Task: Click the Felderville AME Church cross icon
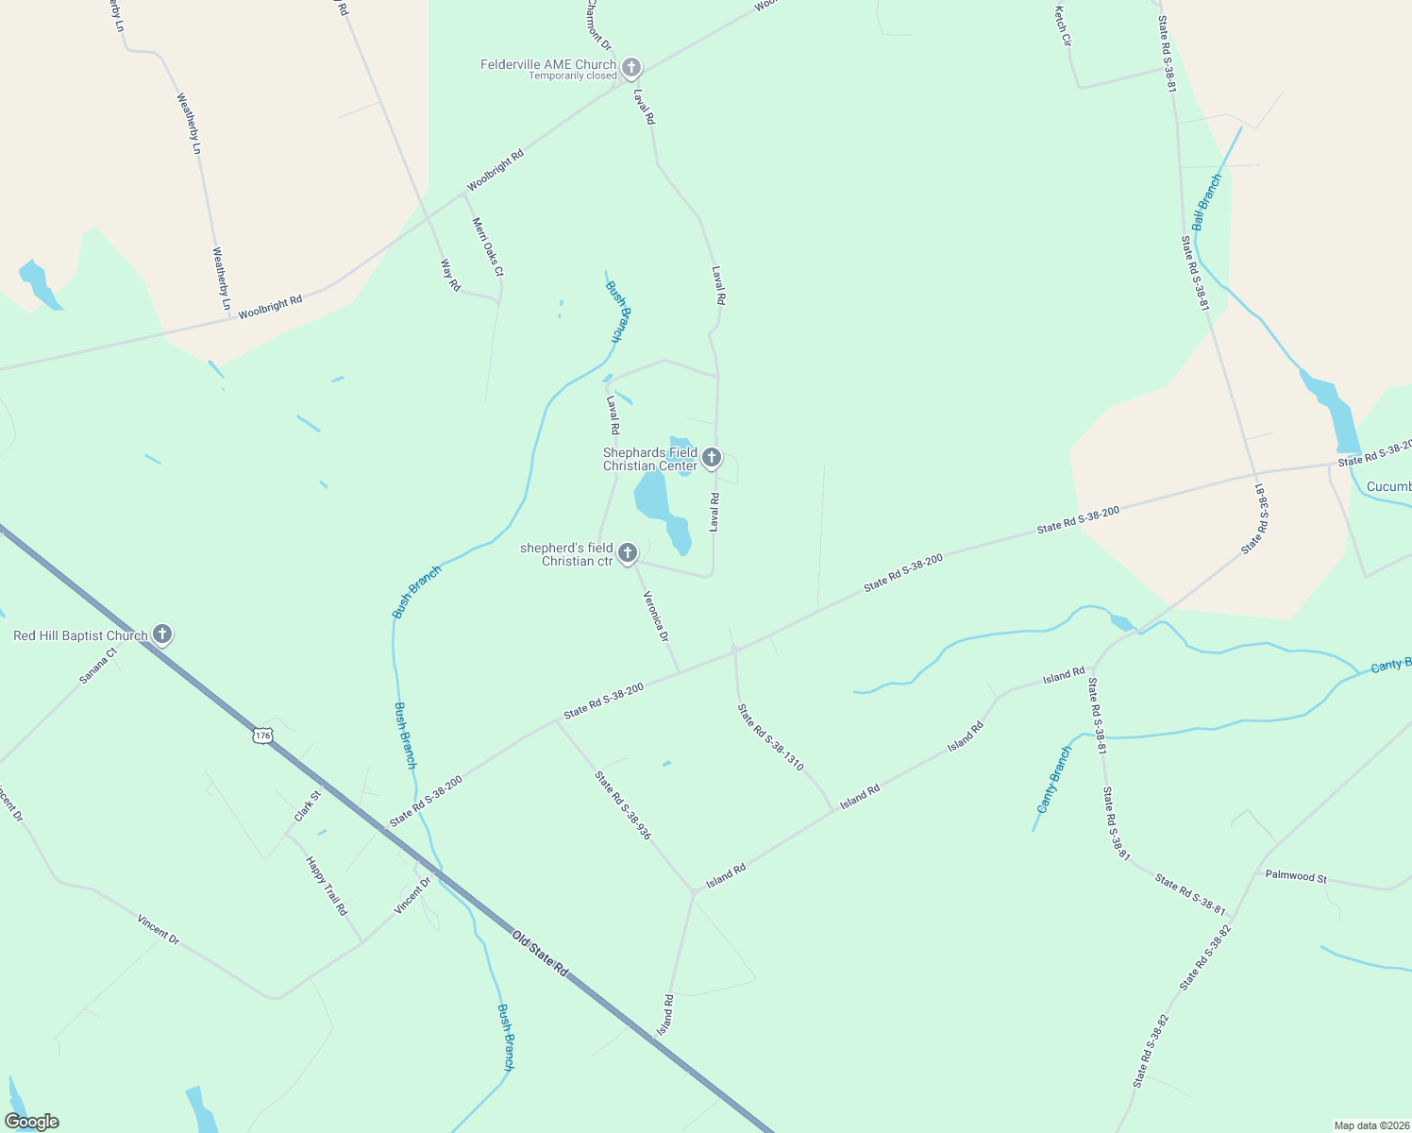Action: click(x=631, y=67)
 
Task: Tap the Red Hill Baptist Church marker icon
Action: click(x=162, y=634)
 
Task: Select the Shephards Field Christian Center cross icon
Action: click(x=712, y=458)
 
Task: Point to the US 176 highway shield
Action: click(x=262, y=735)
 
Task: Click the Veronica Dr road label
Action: click(x=656, y=617)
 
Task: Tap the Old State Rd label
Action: click(x=541, y=954)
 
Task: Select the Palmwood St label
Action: click(x=1296, y=876)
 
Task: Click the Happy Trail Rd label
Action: click(x=327, y=886)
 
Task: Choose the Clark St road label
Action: click(x=308, y=805)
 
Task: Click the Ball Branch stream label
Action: click(x=1206, y=202)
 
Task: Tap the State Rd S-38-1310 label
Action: click(x=770, y=737)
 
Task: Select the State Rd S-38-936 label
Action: click(x=622, y=805)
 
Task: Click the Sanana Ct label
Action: click(x=97, y=665)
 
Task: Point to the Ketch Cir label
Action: click(x=1063, y=26)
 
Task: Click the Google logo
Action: click(x=31, y=1122)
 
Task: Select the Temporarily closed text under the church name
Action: click(x=572, y=76)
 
